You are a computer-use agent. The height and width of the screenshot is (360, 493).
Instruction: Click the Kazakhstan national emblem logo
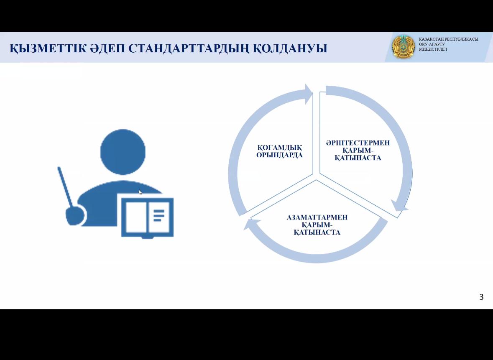pyautogui.click(x=403, y=47)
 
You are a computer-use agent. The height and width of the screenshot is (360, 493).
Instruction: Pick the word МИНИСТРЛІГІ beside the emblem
pyautogui.click(x=433, y=49)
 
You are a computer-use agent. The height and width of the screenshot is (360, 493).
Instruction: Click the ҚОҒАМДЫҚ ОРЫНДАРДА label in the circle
pyautogui.click(x=279, y=151)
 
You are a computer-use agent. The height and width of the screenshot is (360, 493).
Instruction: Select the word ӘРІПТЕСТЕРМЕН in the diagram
pyautogui.click(x=358, y=143)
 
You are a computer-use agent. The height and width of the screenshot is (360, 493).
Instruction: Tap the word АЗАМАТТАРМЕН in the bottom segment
pyautogui.click(x=317, y=217)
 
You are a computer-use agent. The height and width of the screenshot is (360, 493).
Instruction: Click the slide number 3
pyautogui.click(x=481, y=297)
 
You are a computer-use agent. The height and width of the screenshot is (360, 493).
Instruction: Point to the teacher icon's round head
pyautogui.click(x=123, y=152)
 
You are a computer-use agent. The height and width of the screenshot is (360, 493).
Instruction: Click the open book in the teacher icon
pyautogui.click(x=148, y=217)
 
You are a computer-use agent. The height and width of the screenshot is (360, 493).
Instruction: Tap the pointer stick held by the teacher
pyautogui.click(x=65, y=187)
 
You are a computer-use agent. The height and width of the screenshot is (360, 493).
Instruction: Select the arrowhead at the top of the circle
pyautogui.click(x=309, y=94)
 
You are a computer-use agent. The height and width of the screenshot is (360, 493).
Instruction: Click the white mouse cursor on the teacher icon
pyautogui.click(x=140, y=192)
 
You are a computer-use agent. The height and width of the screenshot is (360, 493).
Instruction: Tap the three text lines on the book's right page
pyautogui.click(x=159, y=215)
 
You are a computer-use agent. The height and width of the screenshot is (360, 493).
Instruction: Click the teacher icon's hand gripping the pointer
pyautogui.click(x=75, y=216)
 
